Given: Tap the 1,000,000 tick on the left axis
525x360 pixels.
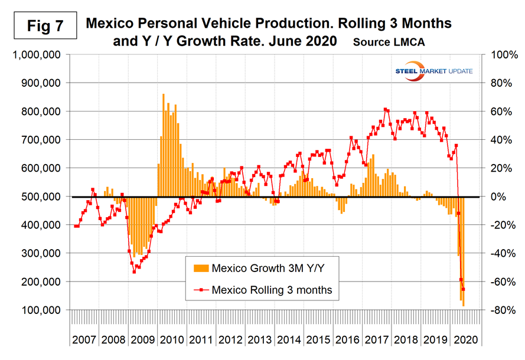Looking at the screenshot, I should click(x=37, y=55).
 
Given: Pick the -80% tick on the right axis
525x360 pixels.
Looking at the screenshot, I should click(x=497, y=310).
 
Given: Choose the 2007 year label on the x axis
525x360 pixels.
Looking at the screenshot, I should click(x=84, y=340).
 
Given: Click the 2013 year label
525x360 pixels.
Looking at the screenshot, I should click(x=260, y=340).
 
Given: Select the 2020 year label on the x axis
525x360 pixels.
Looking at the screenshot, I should click(x=467, y=340).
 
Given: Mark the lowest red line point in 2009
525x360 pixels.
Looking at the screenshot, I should click(x=134, y=271).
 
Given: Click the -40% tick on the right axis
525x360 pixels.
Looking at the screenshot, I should click(x=497, y=253).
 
